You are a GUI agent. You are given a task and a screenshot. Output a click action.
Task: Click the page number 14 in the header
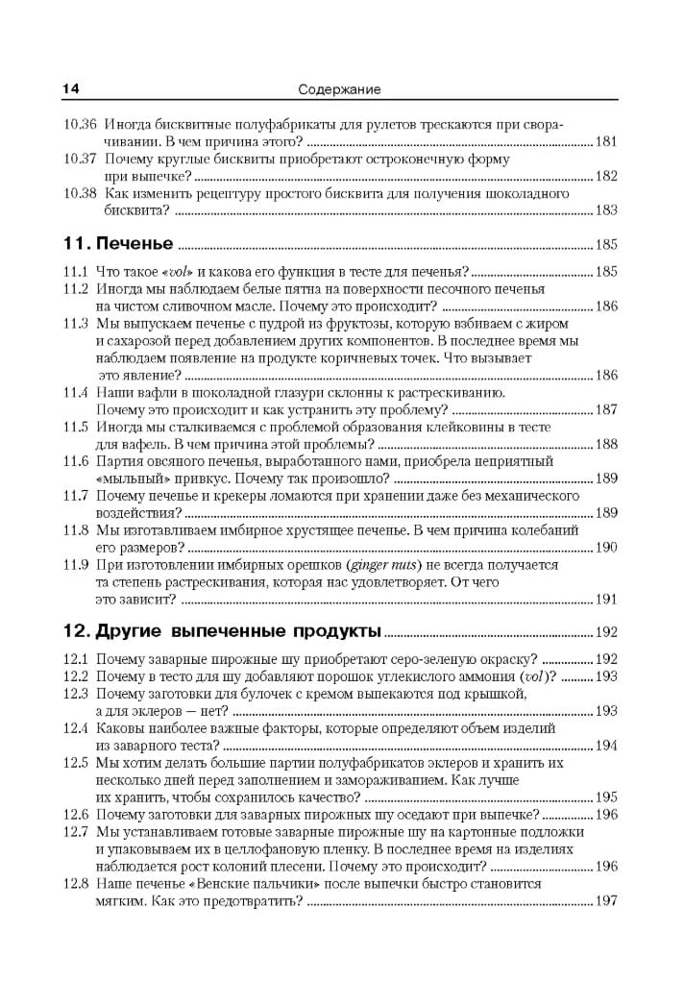click(70, 89)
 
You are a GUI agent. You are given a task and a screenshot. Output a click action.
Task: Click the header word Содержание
click(339, 89)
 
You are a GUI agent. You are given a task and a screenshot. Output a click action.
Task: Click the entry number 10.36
click(80, 125)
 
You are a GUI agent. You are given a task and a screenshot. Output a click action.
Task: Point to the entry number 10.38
click(80, 193)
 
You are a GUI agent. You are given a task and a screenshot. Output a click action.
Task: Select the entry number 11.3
click(76, 324)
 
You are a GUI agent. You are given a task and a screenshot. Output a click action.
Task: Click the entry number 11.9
click(76, 565)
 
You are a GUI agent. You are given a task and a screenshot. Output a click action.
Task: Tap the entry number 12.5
click(76, 762)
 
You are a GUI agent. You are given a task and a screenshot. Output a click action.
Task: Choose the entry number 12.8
click(76, 883)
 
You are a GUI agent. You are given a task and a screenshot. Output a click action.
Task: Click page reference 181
click(606, 142)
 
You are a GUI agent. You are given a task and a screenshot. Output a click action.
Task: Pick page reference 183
click(606, 210)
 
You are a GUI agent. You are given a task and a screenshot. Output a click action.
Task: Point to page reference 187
click(606, 409)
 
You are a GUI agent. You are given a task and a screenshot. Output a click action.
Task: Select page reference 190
click(606, 548)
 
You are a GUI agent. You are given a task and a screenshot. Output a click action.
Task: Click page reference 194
click(606, 746)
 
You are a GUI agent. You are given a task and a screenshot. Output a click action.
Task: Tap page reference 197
click(606, 901)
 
